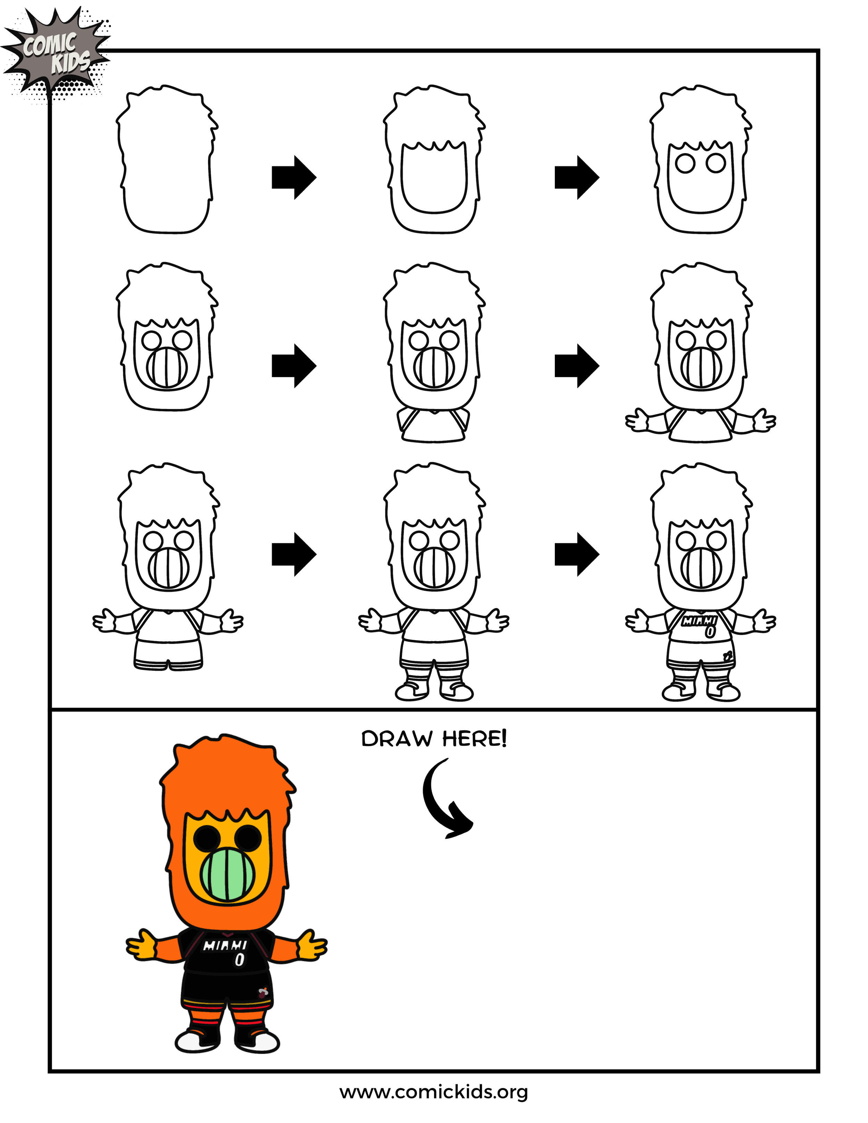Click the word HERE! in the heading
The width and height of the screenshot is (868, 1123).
point(474,739)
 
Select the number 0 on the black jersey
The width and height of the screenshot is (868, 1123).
point(240,960)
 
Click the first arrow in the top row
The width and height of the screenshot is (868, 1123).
point(294,177)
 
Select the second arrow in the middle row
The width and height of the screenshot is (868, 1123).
point(576,366)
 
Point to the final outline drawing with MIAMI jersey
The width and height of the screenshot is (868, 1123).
point(700,581)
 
